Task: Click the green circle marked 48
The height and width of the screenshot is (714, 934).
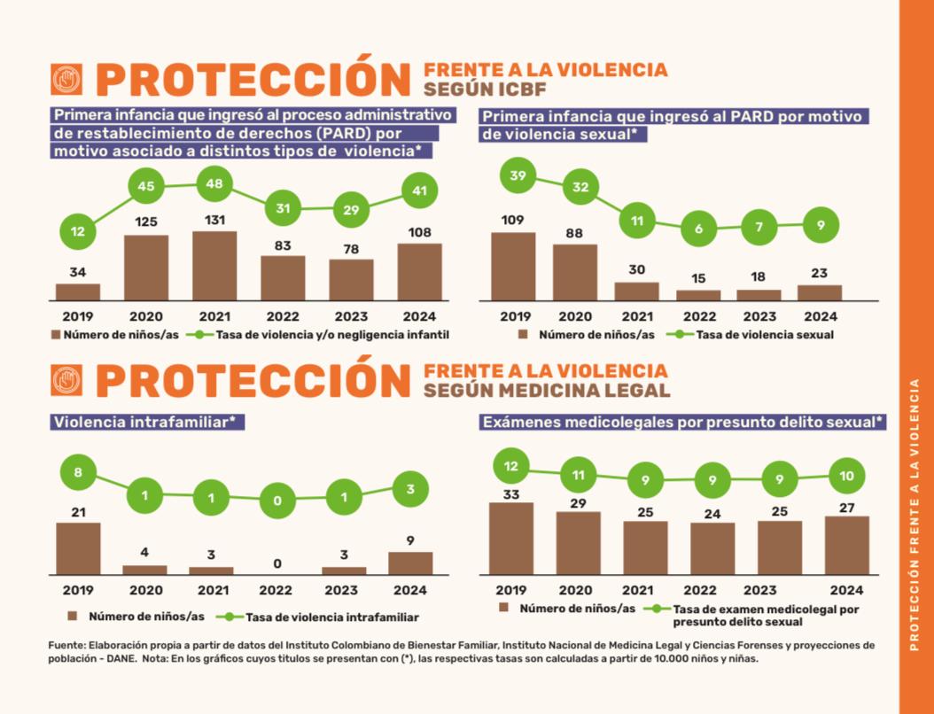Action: (x=214, y=184)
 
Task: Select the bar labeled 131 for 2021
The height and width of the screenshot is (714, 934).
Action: (x=214, y=266)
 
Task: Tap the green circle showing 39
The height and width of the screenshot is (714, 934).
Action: (x=517, y=175)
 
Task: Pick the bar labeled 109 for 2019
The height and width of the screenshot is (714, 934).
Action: (x=513, y=266)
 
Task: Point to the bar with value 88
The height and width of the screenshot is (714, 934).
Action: (x=574, y=272)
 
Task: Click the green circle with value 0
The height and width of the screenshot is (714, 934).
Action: (x=277, y=501)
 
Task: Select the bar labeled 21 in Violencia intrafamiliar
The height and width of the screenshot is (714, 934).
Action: (x=78, y=548)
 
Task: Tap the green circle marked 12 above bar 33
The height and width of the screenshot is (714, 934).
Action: (x=510, y=466)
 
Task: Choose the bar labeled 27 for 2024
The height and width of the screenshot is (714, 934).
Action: (x=846, y=545)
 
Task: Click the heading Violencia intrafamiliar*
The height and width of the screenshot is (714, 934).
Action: (x=147, y=423)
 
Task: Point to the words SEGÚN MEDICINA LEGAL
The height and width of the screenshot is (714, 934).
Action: (x=547, y=391)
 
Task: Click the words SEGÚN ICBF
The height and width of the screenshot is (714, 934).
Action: (x=483, y=89)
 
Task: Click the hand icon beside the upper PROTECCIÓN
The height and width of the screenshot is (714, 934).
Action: (x=66, y=80)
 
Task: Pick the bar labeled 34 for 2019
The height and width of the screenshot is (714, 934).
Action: (x=78, y=291)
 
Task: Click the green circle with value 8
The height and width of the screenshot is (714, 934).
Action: (x=78, y=472)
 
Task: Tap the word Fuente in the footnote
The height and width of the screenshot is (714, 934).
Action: (x=66, y=645)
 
